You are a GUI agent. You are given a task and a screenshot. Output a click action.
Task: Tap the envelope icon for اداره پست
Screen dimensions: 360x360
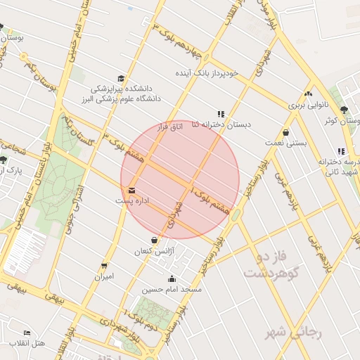[x=132, y=190]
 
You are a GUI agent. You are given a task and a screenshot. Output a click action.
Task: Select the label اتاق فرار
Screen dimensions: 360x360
[x=169, y=126]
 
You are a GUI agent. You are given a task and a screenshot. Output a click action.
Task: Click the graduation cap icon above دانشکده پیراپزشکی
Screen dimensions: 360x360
[x=121, y=79]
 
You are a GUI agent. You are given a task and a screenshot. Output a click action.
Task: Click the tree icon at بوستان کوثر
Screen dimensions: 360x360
[x=344, y=110]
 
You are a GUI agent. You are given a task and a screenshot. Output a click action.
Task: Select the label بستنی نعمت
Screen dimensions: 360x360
[x=285, y=143]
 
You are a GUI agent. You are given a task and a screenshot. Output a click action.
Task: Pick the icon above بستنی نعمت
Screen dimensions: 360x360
[x=285, y=132]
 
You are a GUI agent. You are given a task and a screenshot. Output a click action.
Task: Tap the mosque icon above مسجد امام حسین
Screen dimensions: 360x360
[x=172, y=279]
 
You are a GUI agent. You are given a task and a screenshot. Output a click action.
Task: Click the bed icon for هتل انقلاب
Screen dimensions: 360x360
[x=27, y=333]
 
